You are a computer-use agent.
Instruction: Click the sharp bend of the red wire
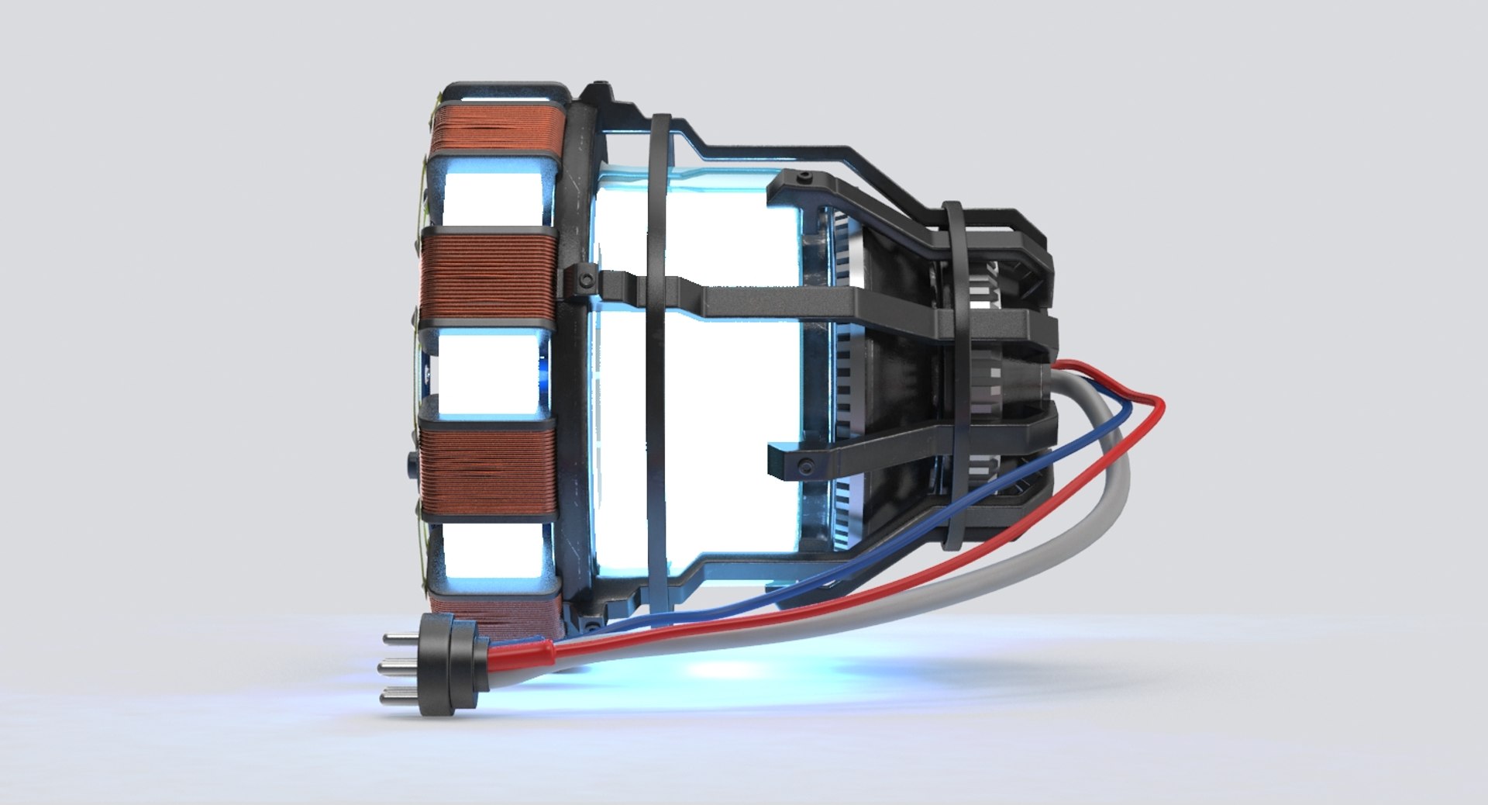[x=1160, y=402]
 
